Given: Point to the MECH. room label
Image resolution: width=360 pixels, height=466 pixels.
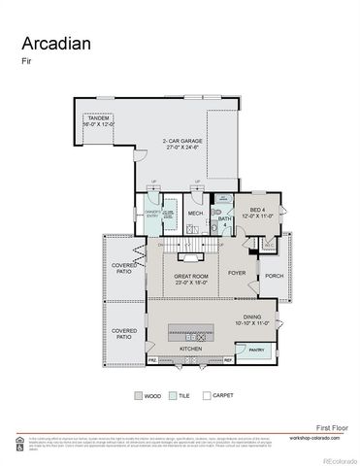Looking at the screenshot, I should pos(195,214).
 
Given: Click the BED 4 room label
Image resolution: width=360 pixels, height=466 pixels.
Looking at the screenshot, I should pos(255,213).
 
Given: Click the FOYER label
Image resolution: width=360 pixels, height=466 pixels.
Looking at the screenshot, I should pos(237,273).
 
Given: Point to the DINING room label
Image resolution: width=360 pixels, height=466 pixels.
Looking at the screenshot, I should pos(252,319).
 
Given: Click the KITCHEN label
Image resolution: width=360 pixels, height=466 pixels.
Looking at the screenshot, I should pos(189,348).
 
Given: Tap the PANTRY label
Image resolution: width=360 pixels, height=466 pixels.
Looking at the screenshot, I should pos(256,349).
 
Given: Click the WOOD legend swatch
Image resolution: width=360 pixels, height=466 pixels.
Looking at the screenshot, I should pos(138,396).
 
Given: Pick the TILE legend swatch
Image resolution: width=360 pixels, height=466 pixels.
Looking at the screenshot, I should pos(172,396).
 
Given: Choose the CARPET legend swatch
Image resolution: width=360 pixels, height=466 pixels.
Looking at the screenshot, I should pos(205,396).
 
